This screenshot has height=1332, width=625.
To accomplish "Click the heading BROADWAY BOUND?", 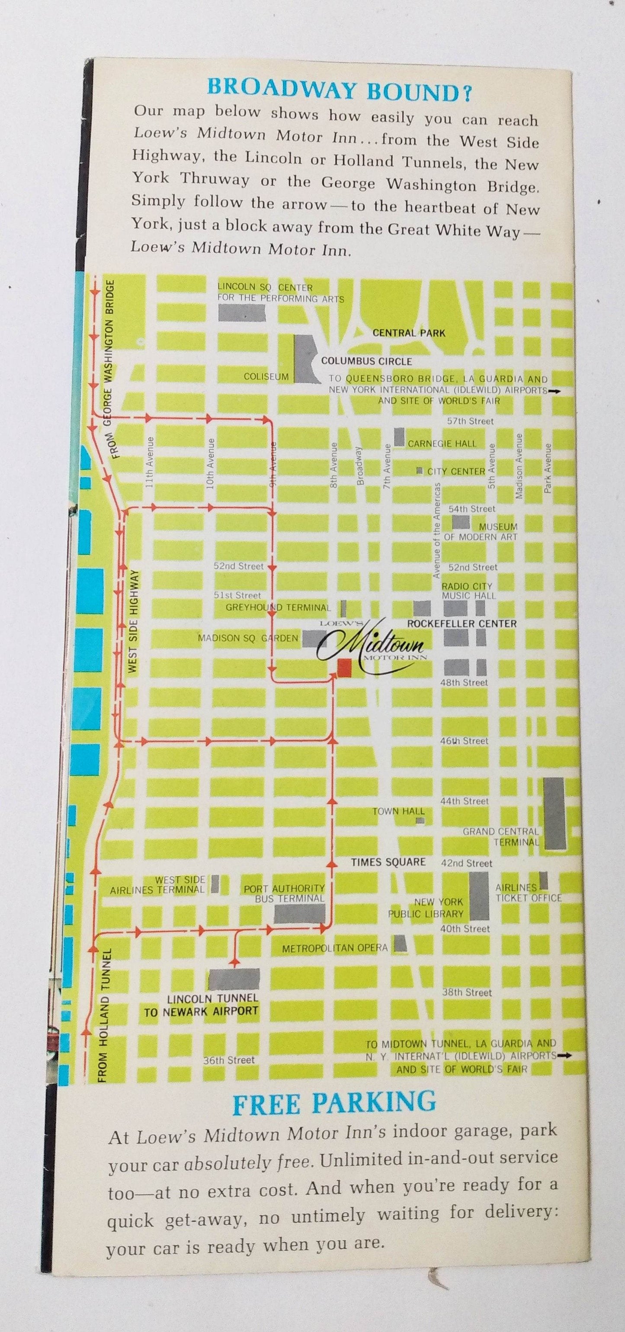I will [339, 88].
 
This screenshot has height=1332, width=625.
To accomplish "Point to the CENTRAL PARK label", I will [408, 333].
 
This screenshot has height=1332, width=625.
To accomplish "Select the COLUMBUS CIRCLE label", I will [366, 361].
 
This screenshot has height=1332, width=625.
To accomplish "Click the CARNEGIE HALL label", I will [442, 444].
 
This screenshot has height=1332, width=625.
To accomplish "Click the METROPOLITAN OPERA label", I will [334, 948].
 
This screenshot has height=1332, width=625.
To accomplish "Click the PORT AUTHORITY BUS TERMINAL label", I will [284, 894].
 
